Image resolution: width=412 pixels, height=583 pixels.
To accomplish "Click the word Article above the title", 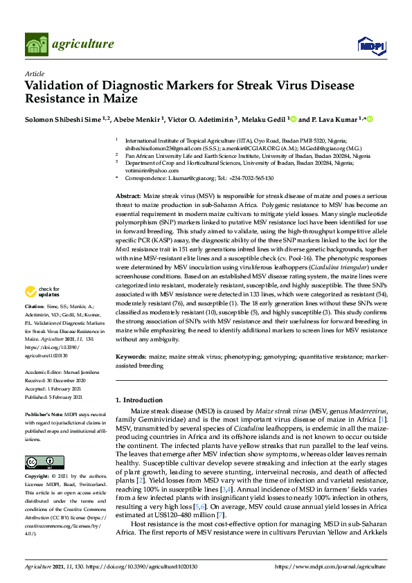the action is tap(34, 73).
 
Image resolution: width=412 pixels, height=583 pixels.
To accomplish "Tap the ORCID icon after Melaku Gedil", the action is tap(294, 119).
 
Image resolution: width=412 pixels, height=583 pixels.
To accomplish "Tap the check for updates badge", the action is tap(40, 311).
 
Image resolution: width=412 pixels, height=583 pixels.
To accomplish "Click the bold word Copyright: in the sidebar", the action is tap(39, 477).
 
